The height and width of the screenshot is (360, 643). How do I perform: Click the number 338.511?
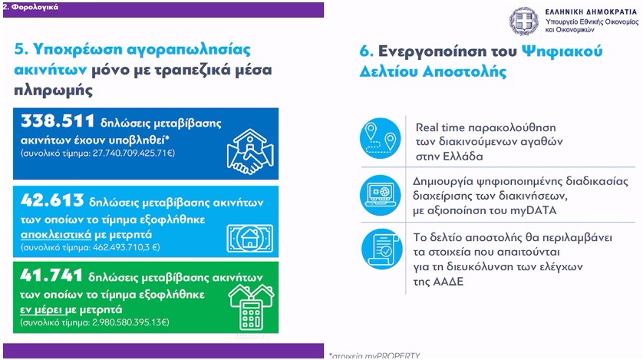[x=58, y=121]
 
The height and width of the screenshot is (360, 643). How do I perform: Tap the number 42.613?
[x=52, y=200]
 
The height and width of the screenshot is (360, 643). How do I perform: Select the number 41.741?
[x=51, y=275]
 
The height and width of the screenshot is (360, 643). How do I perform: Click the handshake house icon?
[x=250, y=151]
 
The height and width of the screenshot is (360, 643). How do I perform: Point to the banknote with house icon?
[x=249, y=238]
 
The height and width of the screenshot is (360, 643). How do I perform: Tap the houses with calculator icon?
[x=251, y=308]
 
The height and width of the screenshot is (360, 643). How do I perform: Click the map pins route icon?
[x=380, y=138]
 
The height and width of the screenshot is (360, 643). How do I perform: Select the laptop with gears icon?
[x=380, y=195]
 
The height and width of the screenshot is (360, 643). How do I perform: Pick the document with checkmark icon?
[x=382, y=249]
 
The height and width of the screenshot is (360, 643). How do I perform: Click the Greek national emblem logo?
[x=523, y=21]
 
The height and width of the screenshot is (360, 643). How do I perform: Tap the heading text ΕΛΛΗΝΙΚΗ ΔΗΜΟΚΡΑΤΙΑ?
[x=591, y=12]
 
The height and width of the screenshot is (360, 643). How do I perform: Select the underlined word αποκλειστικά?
[x=56, y=235]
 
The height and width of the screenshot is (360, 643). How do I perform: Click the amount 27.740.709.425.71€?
[x=134, y=153]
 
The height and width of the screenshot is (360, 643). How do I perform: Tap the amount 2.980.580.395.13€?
[x=130, y=322]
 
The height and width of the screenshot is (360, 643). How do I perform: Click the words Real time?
[x=440, y=127]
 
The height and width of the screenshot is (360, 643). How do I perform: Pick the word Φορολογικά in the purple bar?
[x=35, y=7]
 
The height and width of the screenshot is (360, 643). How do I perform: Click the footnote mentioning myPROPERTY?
[x=374, y=356]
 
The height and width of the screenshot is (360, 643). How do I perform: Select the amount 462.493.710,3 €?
[x=127, y=247]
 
